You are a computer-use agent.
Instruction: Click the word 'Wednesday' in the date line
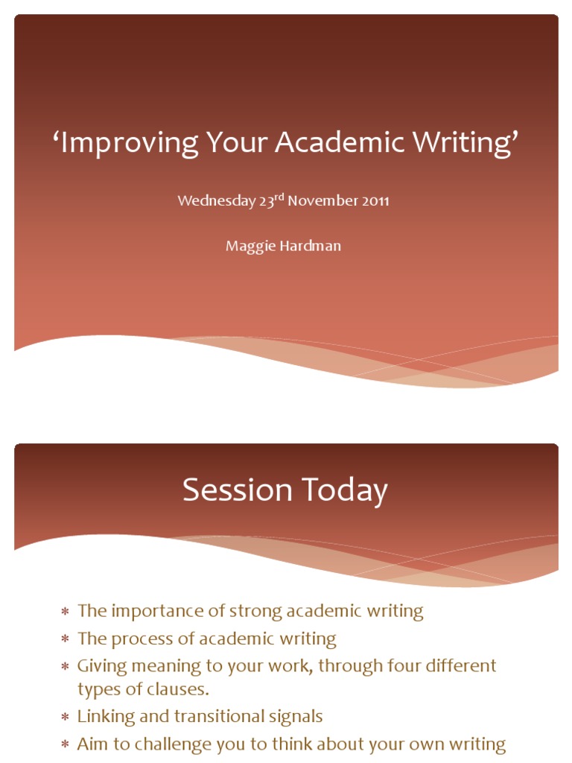216,201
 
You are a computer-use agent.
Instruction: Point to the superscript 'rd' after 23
280,197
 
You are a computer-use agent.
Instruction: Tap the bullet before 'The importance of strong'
65,612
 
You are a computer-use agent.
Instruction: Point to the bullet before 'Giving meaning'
65,666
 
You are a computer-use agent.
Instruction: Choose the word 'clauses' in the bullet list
178,689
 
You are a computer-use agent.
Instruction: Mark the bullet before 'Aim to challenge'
65,744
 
